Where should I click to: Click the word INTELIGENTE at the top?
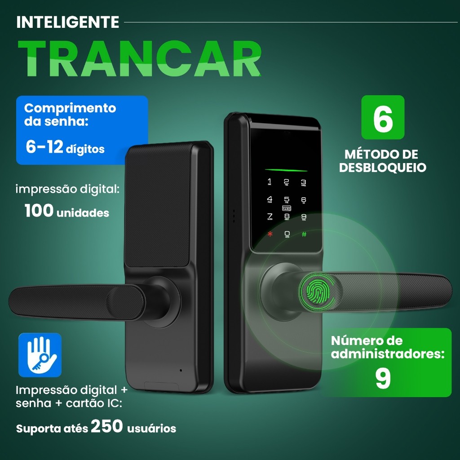click(x=67, y=22)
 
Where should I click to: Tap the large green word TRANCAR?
click(x=139, y=59)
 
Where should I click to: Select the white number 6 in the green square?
click(x=383, y=118)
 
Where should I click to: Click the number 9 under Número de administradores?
click(x=383, y=379)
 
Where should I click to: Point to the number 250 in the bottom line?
click(x=106, y=426)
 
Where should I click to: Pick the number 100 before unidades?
click(x=39, y=211)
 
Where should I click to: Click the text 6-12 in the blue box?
click(x=44, y=147)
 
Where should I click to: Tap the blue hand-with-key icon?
click(x=40, y=355)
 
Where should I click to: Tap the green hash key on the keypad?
click(x=304, y=234)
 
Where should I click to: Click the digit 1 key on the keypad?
click(x=270, y=181)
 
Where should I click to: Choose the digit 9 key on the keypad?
click(x=304, y=217)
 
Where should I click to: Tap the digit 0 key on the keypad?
click(x=287, y=234)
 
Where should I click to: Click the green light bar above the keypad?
click(x=286, y=170)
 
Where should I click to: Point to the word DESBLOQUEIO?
click(x=382, y=168)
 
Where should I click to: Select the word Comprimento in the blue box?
click(x=70, y=108)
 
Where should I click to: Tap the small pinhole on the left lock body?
click(x=181, y=371)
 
